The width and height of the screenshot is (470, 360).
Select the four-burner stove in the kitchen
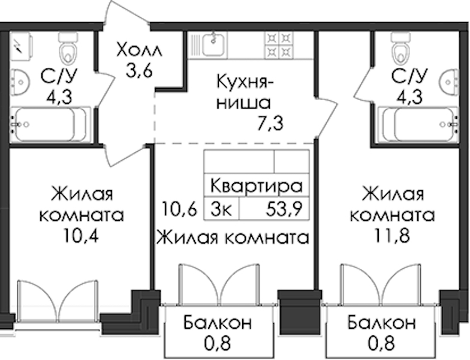(279, 45)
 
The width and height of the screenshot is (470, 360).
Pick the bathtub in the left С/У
(50, 125)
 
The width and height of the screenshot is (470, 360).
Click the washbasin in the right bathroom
(450, 82)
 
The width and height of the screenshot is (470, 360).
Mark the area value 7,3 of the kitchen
(270, 124)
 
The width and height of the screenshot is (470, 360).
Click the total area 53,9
(284, 209)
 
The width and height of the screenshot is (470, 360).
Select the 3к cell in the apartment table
(221, 209)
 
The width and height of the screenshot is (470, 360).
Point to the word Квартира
(257, 186)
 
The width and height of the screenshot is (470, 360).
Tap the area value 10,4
(81, 236)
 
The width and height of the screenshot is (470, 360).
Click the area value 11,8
(392, 236)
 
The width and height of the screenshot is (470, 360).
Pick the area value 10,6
(179, 209)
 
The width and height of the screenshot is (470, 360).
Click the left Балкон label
(218, 323)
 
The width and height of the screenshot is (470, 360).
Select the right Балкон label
(381, 323)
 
